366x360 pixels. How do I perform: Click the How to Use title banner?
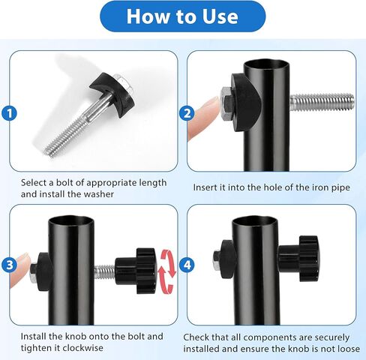183,16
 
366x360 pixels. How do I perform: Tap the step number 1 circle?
9,113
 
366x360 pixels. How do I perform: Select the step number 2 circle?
187,113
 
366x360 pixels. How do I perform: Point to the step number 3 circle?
9,265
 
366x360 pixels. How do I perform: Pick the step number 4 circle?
187,265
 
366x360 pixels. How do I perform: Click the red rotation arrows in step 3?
168,271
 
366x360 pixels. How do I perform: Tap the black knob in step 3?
136,271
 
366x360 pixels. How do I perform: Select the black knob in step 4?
298,258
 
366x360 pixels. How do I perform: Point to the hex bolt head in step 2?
226,103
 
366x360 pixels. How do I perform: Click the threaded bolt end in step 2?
322,102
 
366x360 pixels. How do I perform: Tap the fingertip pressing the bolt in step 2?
204,118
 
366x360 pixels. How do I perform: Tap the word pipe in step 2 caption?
340,188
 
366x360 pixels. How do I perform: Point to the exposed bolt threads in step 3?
104,271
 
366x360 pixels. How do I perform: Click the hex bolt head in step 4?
217,259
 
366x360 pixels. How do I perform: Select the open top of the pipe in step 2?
266,64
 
